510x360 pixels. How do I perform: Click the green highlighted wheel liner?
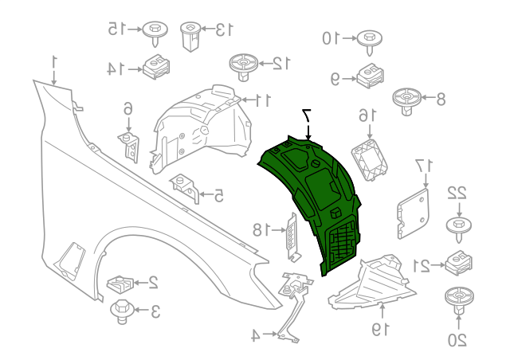pos(315,195)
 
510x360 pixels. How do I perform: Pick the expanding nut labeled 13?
pos(190,34)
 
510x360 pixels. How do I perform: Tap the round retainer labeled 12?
pos(243,65)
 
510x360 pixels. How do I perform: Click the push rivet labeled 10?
pos(368,39)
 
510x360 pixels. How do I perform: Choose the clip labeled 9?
pos(370,76)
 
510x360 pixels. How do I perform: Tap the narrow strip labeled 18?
pos(293,237)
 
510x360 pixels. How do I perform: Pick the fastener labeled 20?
pos(457,299)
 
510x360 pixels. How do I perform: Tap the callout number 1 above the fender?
pos(55,61)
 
